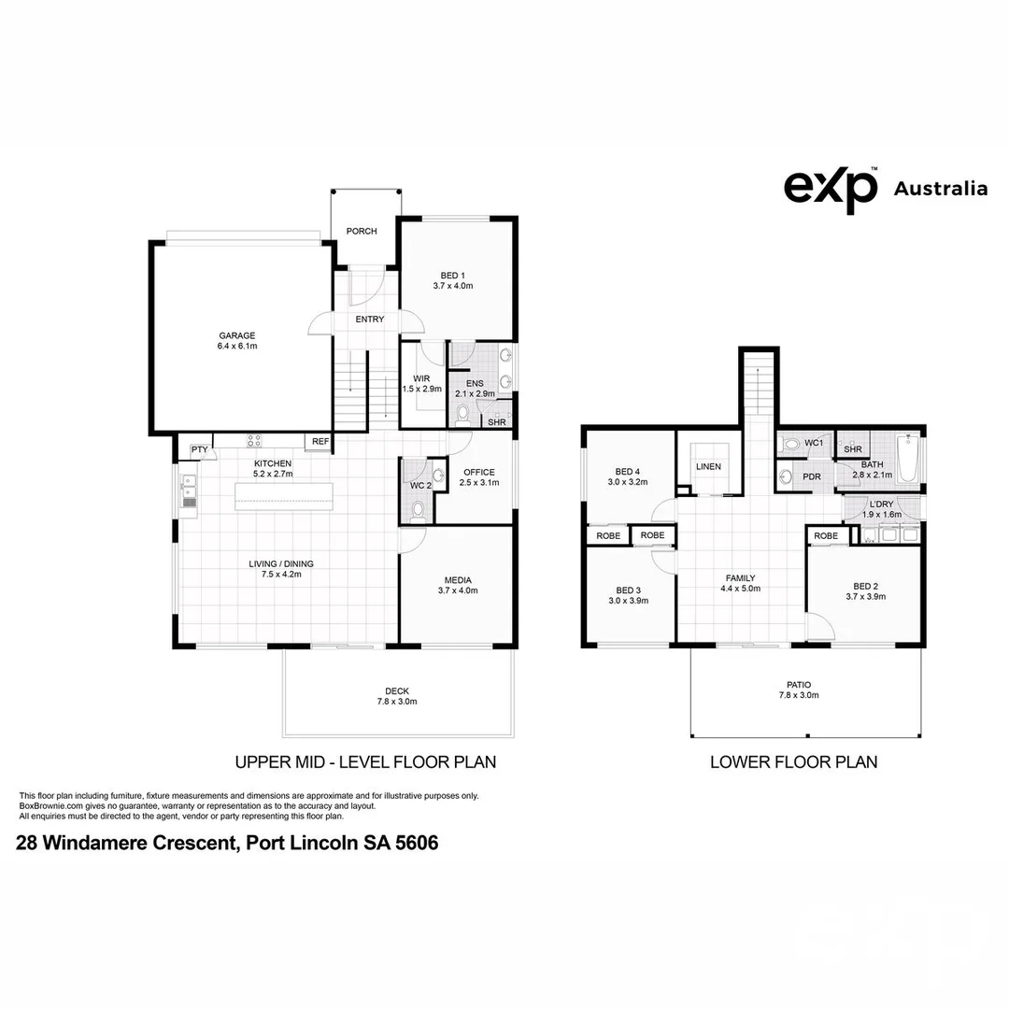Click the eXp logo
(831, 189)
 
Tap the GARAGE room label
(236, 335)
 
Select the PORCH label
(362, 231)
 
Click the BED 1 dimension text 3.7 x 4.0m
(453, 286)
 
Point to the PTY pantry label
(200, 449)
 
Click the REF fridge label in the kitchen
(320, 441)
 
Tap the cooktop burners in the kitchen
(254, 441)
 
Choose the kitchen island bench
(284, 496)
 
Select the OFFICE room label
(479, 472)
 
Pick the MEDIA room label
(458, 580)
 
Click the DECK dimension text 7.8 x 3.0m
(397, 702)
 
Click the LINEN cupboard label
(708, 466)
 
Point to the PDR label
(812, 476)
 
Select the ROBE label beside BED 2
(826, 535)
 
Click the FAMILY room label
(741, 578)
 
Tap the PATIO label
(799, 685)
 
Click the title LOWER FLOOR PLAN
(794, 762)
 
